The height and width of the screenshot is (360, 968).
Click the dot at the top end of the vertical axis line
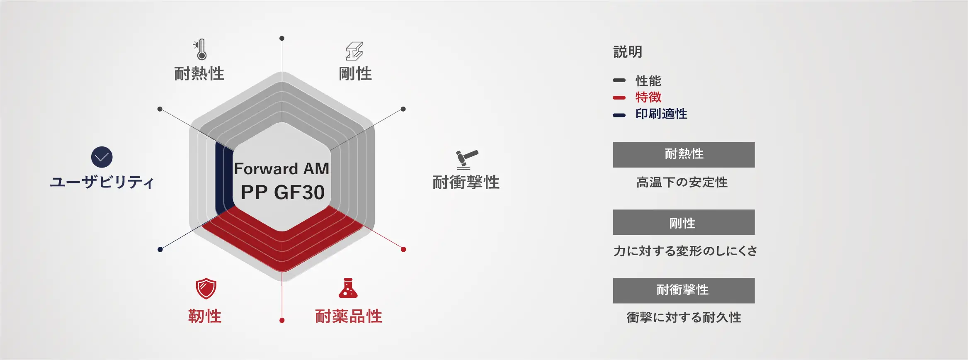282,38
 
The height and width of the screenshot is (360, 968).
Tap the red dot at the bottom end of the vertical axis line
282,320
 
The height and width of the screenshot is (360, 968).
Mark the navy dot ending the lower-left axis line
160,249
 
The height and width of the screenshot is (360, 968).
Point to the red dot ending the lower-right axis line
403,249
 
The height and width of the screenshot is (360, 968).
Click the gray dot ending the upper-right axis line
403,109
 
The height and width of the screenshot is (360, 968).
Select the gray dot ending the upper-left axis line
160,109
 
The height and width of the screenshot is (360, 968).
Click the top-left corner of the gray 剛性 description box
613,210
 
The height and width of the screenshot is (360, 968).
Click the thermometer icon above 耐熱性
200,50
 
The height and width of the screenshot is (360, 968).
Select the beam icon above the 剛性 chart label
354,51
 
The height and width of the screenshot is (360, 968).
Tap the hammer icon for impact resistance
467,160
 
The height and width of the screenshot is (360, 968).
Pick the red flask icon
348,288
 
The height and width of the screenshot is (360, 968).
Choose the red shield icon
206,289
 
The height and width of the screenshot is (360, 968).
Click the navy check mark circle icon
102,157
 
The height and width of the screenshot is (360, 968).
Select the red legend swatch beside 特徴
619,98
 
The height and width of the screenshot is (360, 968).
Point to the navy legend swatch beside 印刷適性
619,115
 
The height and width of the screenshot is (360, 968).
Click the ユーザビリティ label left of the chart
102,182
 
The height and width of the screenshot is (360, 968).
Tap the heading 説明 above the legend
628,52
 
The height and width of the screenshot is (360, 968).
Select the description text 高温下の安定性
682,182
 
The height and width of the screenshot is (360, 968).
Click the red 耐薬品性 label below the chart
349,316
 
